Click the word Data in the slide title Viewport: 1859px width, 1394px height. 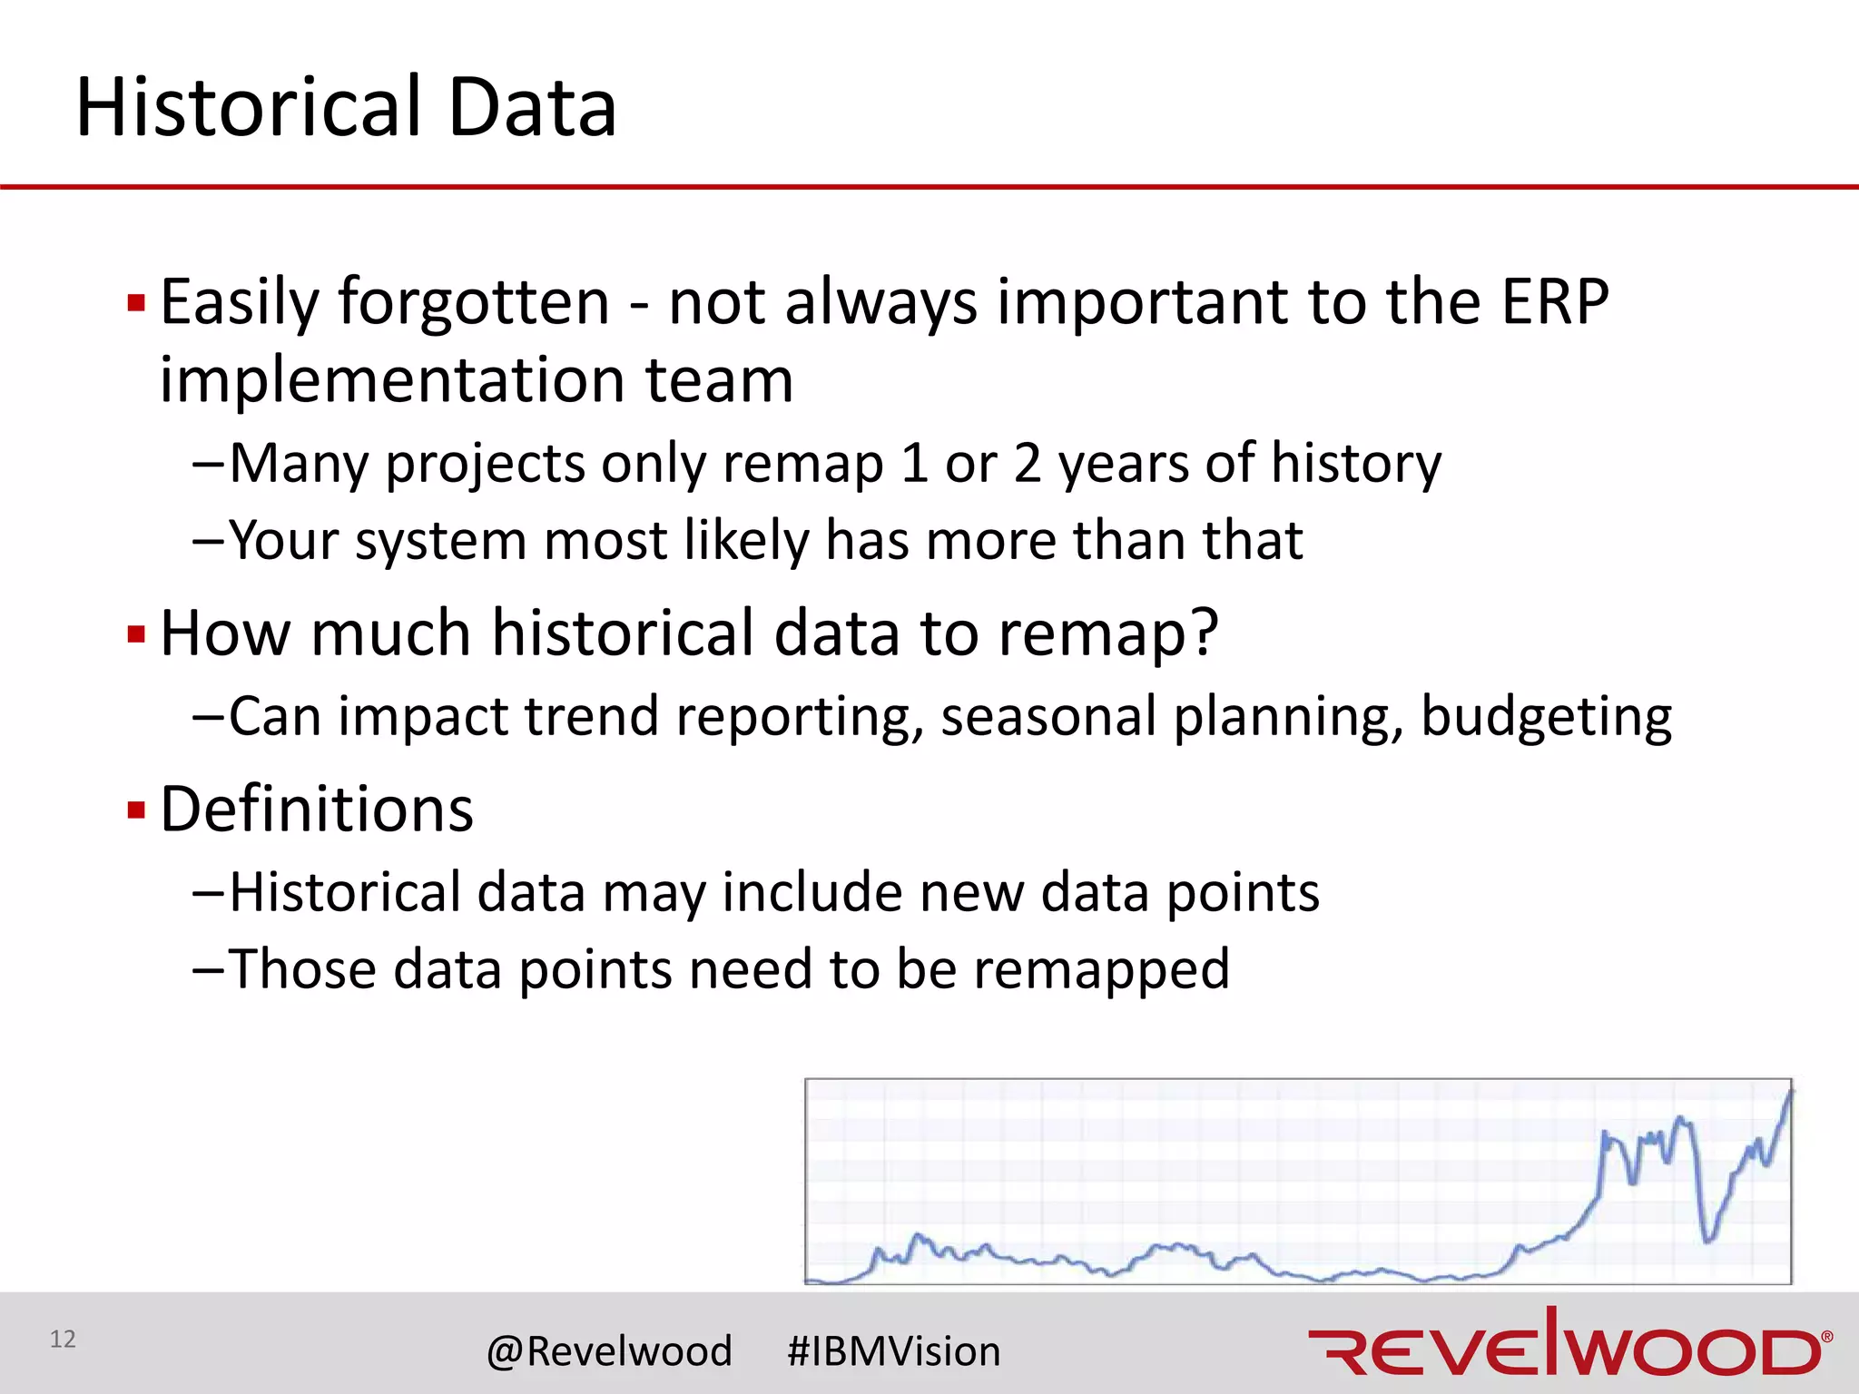[532, 109]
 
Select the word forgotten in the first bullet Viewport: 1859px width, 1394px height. [474, 302]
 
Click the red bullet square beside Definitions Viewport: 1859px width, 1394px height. [137, 810]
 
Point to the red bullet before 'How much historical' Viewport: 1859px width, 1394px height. [137, 633]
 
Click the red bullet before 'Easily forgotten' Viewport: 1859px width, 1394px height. [137, 302]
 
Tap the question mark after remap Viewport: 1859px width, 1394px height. [1204, 632]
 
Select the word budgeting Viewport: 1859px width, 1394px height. [1546, 717]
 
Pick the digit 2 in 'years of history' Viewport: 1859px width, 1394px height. [1027, 464]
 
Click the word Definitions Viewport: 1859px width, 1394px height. [317, 810]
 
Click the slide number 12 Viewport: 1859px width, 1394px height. [63, 1339]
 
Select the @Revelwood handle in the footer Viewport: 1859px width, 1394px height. [609, 1351]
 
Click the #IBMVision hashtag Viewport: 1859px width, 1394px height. [893, 1351]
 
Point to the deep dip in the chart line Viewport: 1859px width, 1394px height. [1707, 1238]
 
